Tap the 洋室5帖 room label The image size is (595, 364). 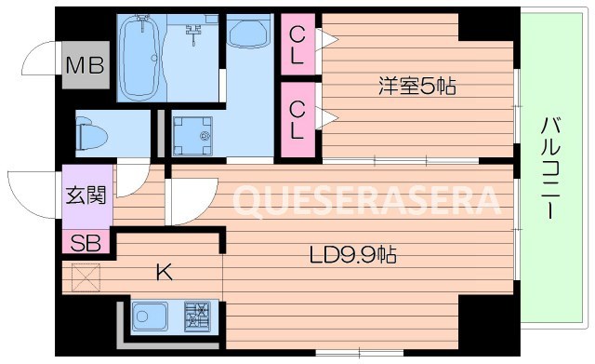click(416, 88)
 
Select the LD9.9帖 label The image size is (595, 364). click(353, 253)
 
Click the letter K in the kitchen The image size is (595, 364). click(163, 272)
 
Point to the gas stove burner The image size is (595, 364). click(196, 317)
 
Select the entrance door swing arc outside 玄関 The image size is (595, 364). click(33, 195)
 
